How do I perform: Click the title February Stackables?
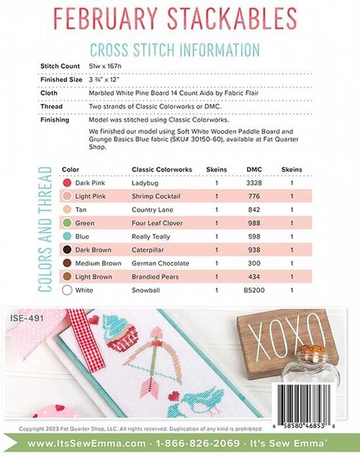pos(179,17)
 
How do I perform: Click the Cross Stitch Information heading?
pos(174,50)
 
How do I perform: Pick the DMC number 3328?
pos(254,183)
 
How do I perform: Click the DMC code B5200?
pos(254,291)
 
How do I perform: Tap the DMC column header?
pos(253,170)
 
